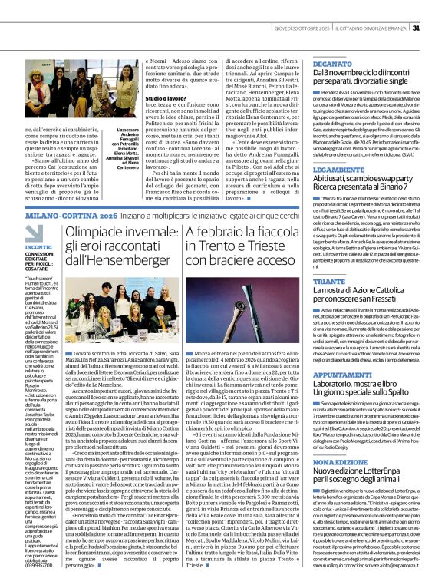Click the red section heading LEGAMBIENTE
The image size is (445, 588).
[336, 167]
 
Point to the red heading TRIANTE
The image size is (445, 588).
[328, 282]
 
